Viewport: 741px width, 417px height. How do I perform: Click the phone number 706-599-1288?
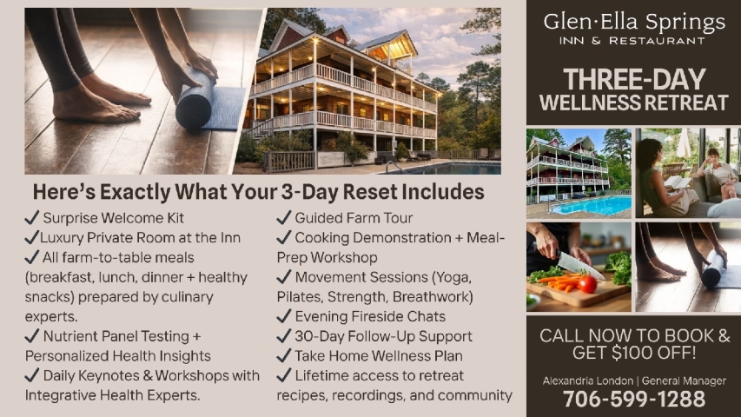tap(634, 399)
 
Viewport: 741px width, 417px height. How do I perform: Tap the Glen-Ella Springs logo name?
tap(633, 21)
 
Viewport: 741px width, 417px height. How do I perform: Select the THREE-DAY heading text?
tap(633, 80)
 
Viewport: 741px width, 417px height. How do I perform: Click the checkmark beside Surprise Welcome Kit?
tap(32, 218)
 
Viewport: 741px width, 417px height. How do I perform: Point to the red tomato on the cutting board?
tap(587, 284)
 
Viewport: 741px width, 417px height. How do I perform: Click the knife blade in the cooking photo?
tap(580, 265)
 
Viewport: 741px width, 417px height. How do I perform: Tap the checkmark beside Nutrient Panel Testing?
tap(32, 336)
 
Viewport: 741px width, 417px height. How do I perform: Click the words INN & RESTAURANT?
tap(633, 41)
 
